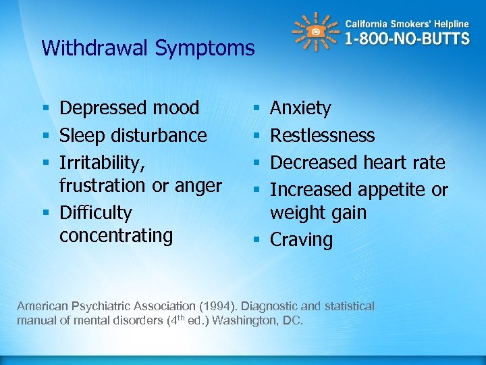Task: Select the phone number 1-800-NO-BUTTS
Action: [407, 38]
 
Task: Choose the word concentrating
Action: [116, 236]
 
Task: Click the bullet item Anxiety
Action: [300, 108]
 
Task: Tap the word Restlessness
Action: [322, 135]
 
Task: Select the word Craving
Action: [301, 240]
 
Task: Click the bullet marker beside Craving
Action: [256, 240]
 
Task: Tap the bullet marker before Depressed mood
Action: [45, 108]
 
